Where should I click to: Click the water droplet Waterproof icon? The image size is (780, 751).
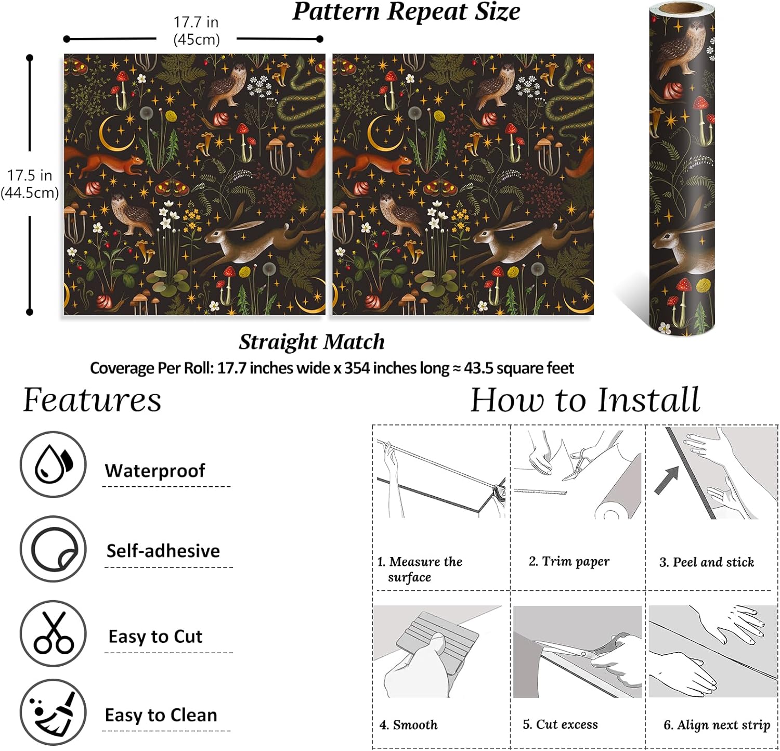tap(53, 464)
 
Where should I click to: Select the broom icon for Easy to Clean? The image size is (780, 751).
tap(53, 712)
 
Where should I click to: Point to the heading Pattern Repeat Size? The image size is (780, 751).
tap(406, 12)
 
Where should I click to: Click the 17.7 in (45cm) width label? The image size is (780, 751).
tap(196, 31)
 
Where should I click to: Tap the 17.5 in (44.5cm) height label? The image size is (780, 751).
tap(30, 184)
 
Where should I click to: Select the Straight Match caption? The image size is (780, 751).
tap(312, 342)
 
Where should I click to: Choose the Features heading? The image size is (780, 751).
tap(92, 400)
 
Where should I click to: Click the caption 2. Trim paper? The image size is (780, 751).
tap(569, 562)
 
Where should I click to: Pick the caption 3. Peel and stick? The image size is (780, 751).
tap(707, 562)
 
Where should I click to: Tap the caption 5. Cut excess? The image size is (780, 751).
tap(560, 724)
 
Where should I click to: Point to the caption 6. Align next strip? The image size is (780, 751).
tap(717, 725)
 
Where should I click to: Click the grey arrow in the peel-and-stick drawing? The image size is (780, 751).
tap(667, 480)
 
